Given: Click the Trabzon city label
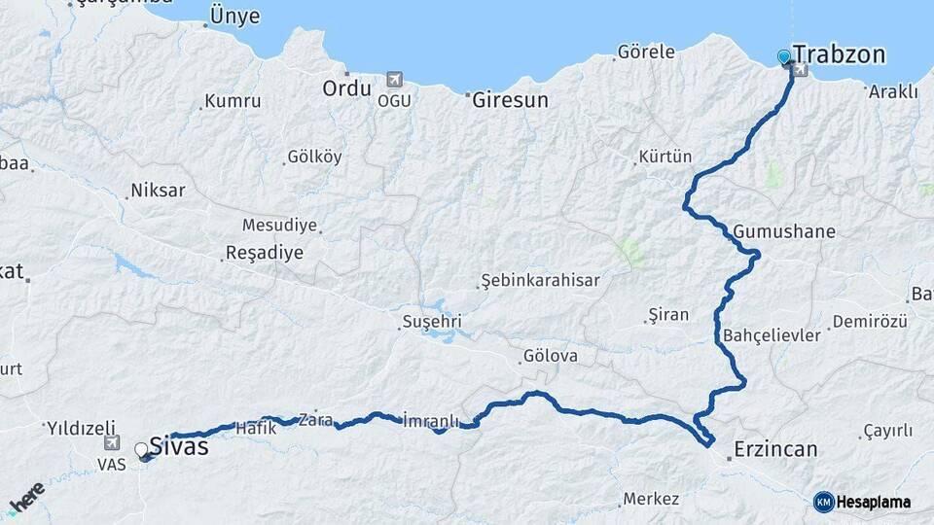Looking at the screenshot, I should tap(839, 54).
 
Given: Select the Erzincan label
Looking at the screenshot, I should tap(775, 449).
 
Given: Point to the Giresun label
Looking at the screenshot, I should tap(510, 99).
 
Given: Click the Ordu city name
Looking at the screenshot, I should tap(346, 88).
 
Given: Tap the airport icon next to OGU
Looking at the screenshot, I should tap(393, 79).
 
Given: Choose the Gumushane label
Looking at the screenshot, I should tap(784, 232).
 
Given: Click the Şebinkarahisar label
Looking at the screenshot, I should tap(540, 281).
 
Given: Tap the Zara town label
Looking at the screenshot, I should tap(315, 420).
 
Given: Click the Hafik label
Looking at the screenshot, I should tap(250, 426).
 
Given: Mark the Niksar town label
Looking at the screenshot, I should tap(158, 191).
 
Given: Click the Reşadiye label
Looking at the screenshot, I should tap(264, 253).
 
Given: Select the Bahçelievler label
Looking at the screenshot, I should tap(772, 334).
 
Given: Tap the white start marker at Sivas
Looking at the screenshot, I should tap(142, 450).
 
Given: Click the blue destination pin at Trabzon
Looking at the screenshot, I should tap(785, 57).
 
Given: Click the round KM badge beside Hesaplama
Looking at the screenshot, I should tap(824, 502).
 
